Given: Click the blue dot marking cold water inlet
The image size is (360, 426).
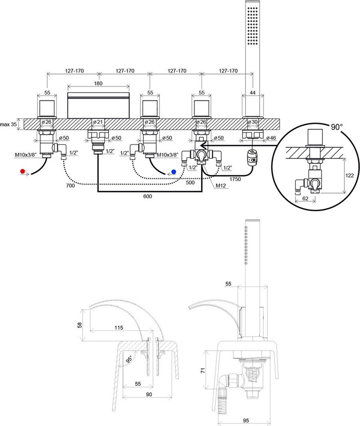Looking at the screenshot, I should click(173, 171).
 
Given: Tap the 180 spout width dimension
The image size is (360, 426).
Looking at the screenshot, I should click(98, 84).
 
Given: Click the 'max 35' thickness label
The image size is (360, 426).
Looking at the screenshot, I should click(9, 124).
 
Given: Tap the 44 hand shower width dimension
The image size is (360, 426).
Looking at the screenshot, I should click(252, 92).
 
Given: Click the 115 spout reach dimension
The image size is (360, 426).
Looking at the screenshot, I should click(118, 328).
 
